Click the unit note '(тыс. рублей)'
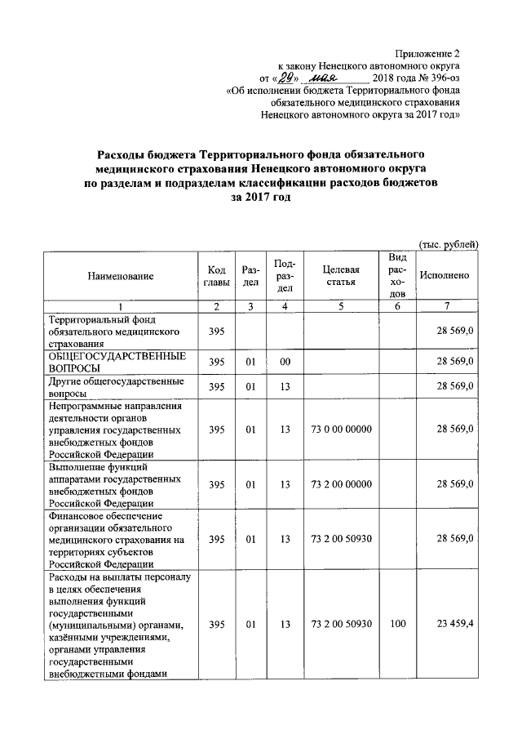447,245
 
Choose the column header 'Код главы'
216,276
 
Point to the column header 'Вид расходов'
396,276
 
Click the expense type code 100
396,625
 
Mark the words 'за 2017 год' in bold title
261,198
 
